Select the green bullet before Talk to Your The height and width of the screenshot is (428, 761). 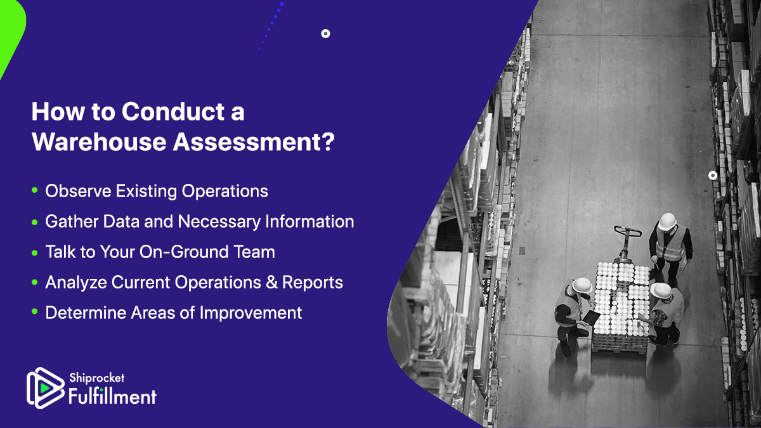[x=34, y=252]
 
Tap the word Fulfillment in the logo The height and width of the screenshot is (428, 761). [x=112, y=397]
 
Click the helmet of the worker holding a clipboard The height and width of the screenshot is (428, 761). [x=582, y=285]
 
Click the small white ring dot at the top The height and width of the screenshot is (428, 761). [x=325, y=34]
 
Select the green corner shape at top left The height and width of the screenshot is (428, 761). [x=10, y=32]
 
